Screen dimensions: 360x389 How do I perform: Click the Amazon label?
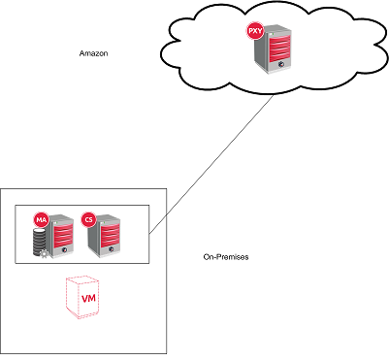[x=92, y=53]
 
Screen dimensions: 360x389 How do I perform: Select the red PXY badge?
[x=255, y=32]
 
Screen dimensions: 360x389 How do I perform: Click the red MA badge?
[x=41, y=220]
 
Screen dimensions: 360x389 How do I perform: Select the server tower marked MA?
[x=58, y=239]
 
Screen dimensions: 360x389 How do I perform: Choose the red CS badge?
[x=89, y=220]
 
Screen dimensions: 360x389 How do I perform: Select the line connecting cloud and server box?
[x=204, y=165]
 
